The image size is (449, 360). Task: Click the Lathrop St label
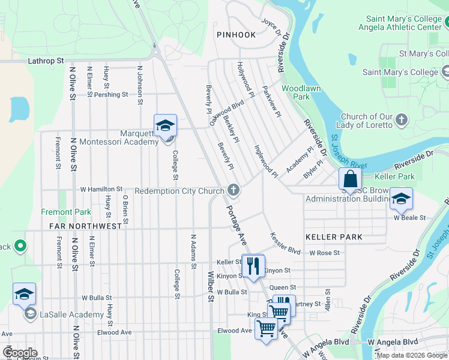pyautogui.click(x=46, y=61)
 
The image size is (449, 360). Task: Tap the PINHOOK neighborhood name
pyautogui.click(x=236, y=35)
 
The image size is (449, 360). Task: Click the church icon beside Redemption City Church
pyautogui.click(x=234, y=191)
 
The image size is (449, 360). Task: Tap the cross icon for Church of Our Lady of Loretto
pyautogui.click(x=402, y=121)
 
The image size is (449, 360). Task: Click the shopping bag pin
pyautogui.click(x=350, y=179)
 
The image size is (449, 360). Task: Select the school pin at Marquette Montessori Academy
pyautogui.click(x=165, y=126)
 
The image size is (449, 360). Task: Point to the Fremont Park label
pyautogui.click(x=66, y=212)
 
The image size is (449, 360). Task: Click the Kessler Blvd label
pyautogui.click(x=285, y=242)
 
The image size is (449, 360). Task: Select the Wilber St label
pyautogui.click(x=211, y=289)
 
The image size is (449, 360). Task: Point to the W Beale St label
pyautogui.click(x=409, y=218)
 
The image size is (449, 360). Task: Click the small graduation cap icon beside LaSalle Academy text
pyautogui.click(x=29, y=314)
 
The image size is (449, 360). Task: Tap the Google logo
pyautogui.click(x=19, y=352)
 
